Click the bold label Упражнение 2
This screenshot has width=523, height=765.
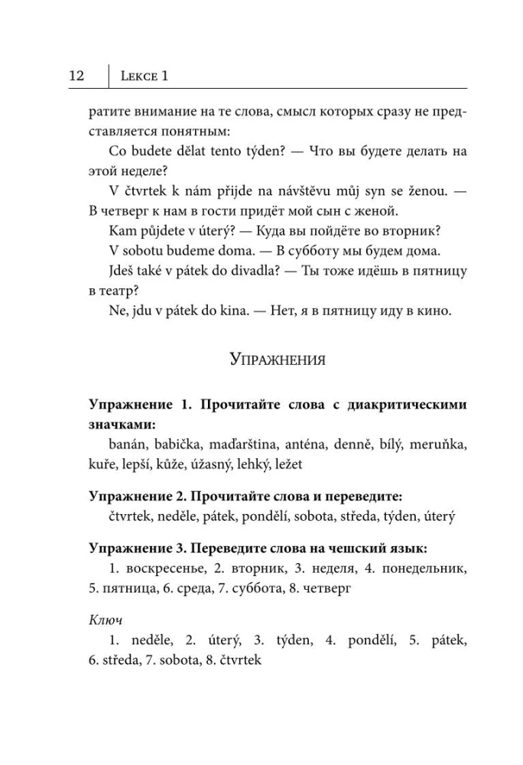[135, 498]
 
